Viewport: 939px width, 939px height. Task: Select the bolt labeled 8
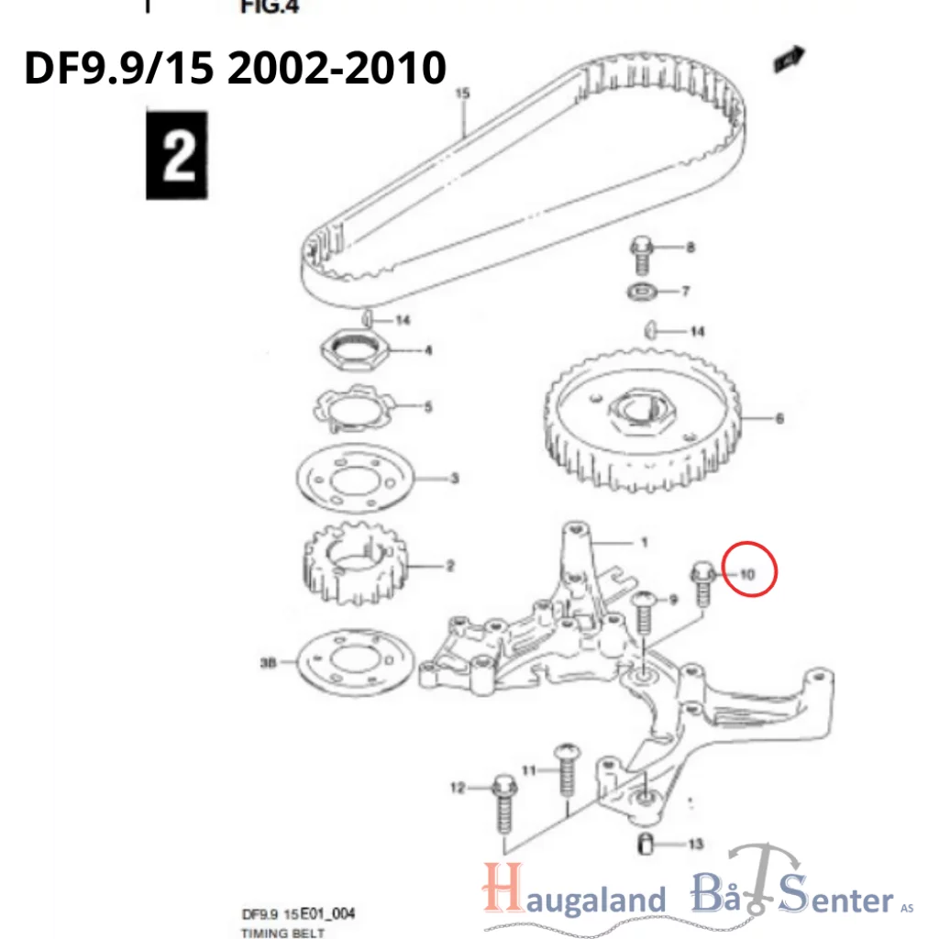641,254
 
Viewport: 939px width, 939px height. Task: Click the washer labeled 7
639,293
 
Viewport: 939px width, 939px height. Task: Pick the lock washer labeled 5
354,406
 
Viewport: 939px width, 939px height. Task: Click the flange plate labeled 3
359,480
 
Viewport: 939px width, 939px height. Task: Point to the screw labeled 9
643,614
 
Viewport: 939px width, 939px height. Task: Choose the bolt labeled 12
502,804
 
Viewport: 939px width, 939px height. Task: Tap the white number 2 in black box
177,155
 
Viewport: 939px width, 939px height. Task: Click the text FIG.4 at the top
270,7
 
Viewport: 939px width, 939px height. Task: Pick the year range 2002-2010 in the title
337,68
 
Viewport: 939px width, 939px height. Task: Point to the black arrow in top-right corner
788,59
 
